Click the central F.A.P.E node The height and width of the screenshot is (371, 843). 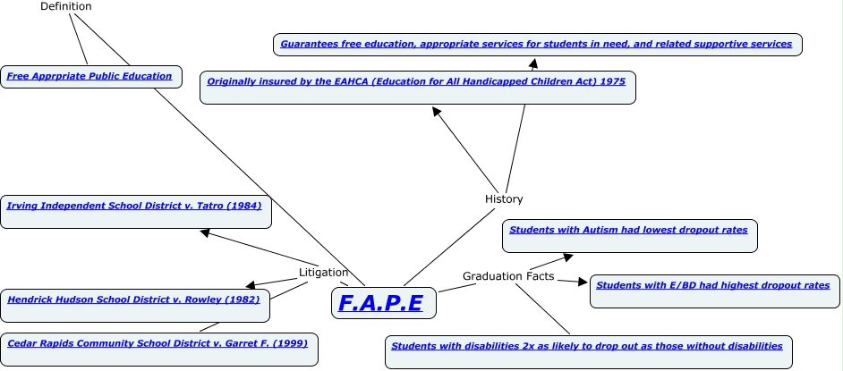(382, 303)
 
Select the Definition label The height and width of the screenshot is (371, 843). (66, 6)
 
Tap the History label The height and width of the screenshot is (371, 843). (504, 198)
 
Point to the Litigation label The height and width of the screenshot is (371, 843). (323, 272)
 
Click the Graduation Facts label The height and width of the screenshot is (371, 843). (506, 276)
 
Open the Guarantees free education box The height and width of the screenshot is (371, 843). (536, 44)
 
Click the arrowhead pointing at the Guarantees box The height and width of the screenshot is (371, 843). (533, 63)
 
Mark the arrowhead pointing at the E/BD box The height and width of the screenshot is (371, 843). (586, 283)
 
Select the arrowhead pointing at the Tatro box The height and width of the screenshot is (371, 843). (205, 232)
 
